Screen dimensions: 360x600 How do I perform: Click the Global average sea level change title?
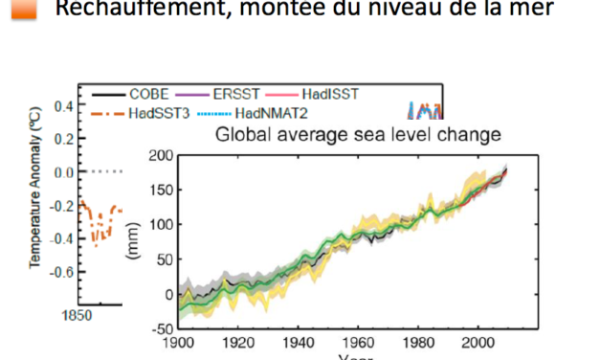click(357, 134)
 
